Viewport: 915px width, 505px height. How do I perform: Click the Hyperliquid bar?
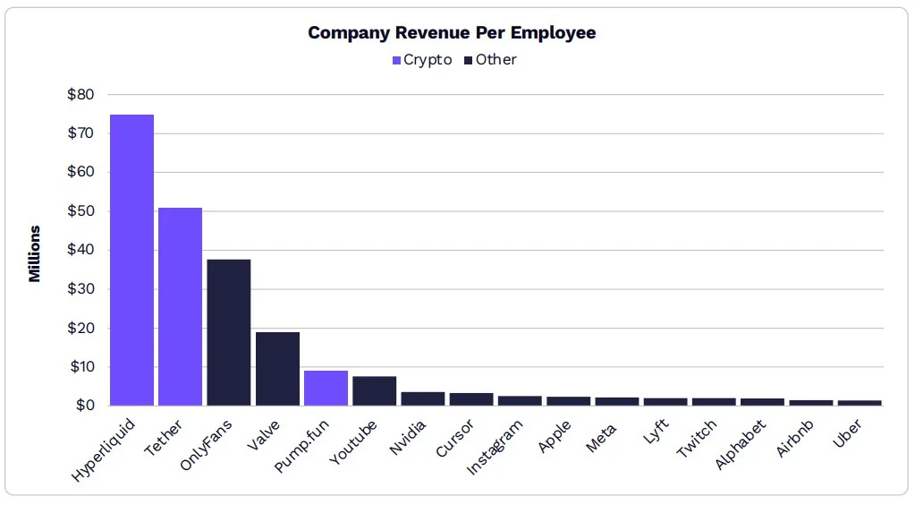click(131, 260)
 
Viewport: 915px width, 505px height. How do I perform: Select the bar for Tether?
click(180, 306)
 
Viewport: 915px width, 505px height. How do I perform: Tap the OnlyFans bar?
click(228, 332)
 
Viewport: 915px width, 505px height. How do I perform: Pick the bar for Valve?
click(277, 368)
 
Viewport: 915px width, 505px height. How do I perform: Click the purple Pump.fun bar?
click(326, 388)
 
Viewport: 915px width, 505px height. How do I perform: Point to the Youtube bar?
click(374, 390)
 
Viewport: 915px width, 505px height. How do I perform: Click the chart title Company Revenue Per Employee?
click(452, 33)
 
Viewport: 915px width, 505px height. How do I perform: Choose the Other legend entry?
click(489, 60)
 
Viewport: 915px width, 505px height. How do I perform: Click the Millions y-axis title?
click(35, 253)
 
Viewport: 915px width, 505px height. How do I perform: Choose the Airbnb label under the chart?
click(793, 436)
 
